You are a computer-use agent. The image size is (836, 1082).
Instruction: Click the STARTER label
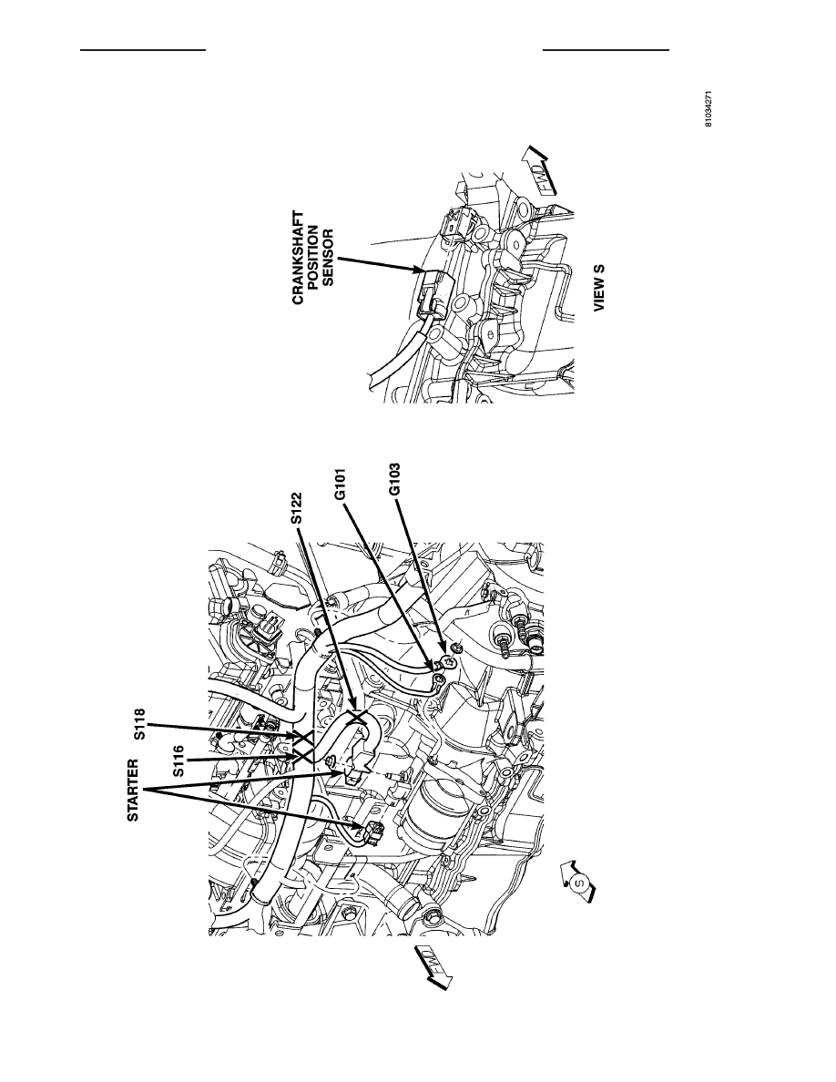tap(133, 791)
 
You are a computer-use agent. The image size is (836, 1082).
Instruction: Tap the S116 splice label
tap(178, 760)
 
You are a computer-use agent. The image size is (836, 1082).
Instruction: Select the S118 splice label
tap(141, 725)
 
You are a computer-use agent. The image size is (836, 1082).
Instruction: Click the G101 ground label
tap(340, 486)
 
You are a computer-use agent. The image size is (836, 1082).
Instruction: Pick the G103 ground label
tap(393, 480)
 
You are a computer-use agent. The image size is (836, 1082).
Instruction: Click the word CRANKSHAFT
tap(298, 257)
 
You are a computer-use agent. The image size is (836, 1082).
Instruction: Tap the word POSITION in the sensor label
tap(313, 257)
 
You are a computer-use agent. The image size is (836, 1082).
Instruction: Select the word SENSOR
tap(329, 257)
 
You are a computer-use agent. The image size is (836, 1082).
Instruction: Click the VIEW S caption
tap(598, 287)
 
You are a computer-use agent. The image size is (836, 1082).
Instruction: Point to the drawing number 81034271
tap(709, 109)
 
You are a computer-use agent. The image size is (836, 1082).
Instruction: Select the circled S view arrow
tap(577, 882)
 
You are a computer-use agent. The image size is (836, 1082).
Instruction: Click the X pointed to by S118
tap(302, 738)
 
